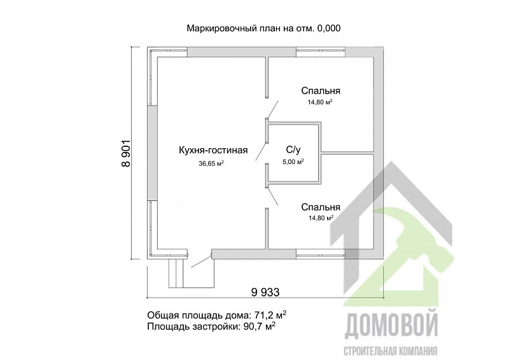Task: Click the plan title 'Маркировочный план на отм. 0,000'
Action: tap(263, 29)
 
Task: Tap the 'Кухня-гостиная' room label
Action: tap(213, 151)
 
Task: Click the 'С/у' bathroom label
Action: tap(293, 150)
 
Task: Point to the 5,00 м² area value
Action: tap(293, 162)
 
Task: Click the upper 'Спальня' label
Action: tap(321, 90)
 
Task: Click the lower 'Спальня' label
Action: tap(321, 207)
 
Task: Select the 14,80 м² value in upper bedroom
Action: tap(321, 102)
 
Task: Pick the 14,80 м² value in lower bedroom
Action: tap(321, 218)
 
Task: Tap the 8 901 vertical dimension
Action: tap(125, 153)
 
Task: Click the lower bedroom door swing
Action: tap(272, 196)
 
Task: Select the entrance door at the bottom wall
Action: tap(201, 260)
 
